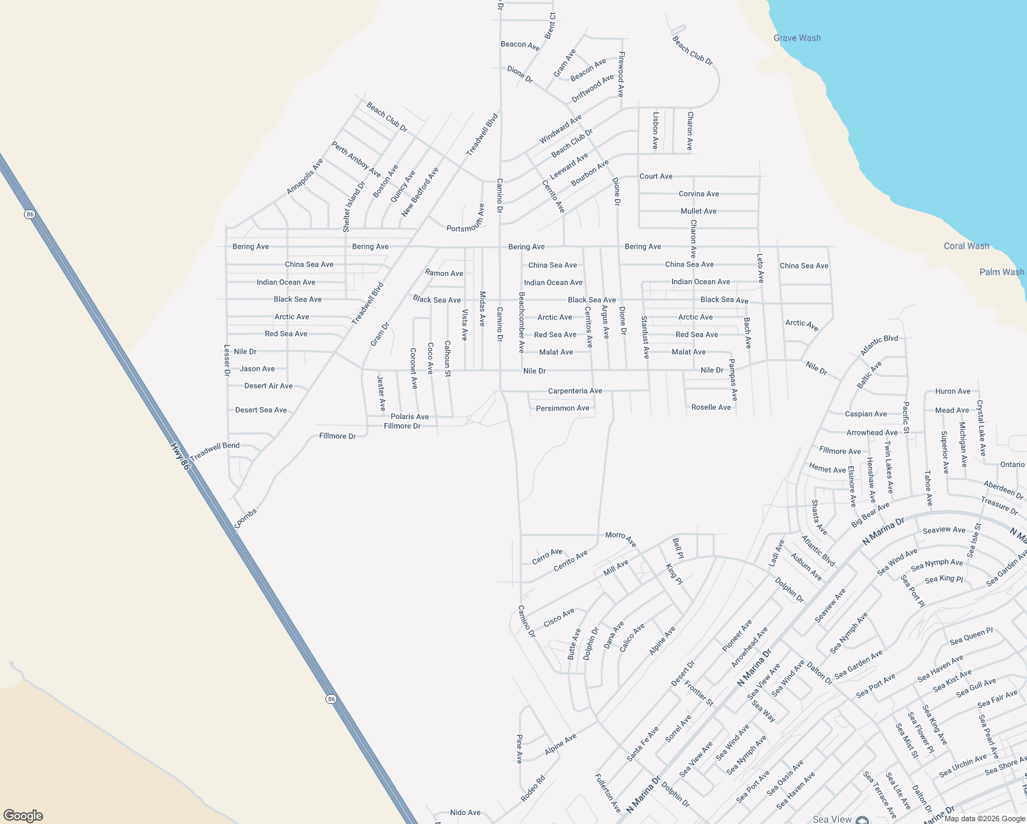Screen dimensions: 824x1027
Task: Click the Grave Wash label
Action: coord(796,38)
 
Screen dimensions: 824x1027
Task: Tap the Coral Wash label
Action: coord(966,246)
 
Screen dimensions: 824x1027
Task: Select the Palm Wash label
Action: coord(1002,272)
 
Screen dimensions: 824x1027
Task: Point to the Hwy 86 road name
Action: coord(179,456)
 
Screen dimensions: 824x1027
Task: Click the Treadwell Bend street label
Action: coord(215,450)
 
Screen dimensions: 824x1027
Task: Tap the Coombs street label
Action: coord(245,518)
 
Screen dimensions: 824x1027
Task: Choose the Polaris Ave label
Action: coord(409,416)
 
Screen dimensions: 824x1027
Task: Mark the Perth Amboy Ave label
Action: coord(356,159)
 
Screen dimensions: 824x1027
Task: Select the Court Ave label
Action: coord(656,176)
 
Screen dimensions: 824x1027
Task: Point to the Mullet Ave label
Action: coord(698,211)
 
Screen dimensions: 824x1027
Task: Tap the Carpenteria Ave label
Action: coord(575,391)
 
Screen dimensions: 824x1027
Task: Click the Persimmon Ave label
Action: coord(562,408)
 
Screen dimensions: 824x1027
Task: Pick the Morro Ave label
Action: coord(621,539)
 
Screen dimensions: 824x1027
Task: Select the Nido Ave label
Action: coord(465,812)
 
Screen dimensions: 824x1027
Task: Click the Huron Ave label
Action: coord(952,391)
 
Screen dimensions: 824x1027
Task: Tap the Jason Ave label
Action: coord(257,369)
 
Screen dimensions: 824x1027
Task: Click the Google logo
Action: coord(23,815)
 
